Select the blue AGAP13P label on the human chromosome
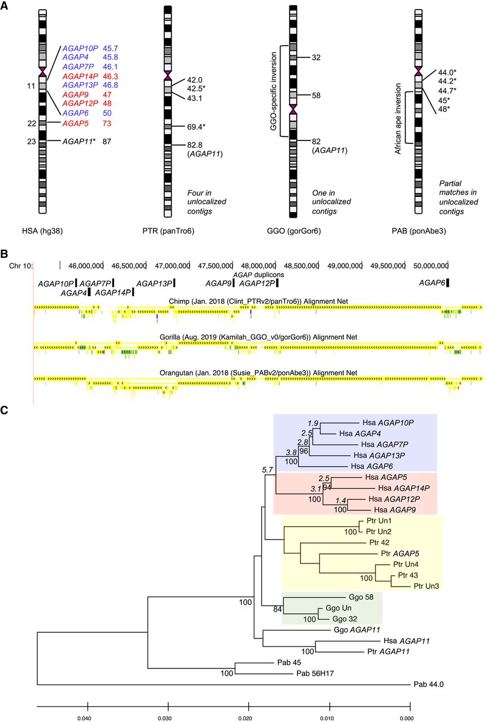pos(80,85)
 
